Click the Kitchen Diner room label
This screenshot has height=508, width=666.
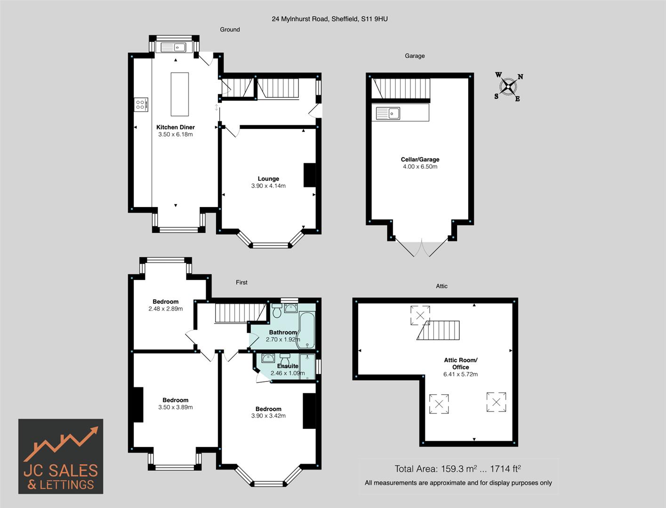pos(176,127)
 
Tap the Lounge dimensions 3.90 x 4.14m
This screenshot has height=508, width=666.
pos(268,186)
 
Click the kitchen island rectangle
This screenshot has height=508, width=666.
pos(179,94)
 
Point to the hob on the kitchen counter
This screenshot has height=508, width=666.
pos(141,104)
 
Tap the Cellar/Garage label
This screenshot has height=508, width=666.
pos(420,159)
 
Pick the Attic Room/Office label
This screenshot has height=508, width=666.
pos(460,364)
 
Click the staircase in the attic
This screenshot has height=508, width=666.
pos(439,331)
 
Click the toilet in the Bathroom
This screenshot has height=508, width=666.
pos(277,310)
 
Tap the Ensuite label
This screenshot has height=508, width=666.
pos(288,366)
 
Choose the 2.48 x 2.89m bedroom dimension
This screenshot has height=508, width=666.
pos(166,309)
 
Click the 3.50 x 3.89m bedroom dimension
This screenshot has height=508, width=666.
pos(176,407)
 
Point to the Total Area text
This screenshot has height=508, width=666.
pos(457,469)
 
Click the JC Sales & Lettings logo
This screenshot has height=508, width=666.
pos(61,456)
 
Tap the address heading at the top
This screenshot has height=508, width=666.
pos(329,19)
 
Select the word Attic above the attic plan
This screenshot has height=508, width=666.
pos(441,286)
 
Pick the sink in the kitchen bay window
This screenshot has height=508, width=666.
pos(173,47)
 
